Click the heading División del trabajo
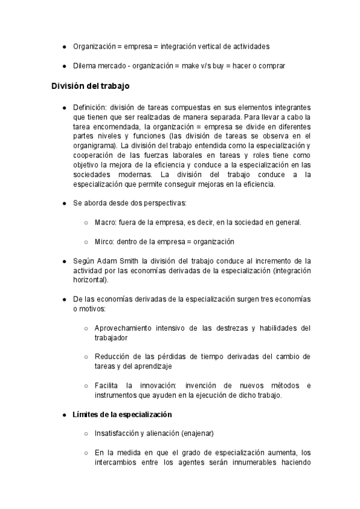(x=89, y=85)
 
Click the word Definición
(x=89, y=107)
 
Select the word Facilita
(x=107, y=385)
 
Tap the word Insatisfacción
(x=116, y=433)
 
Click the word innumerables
(x=247, y=462)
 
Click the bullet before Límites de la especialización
(x=64, y=415)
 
